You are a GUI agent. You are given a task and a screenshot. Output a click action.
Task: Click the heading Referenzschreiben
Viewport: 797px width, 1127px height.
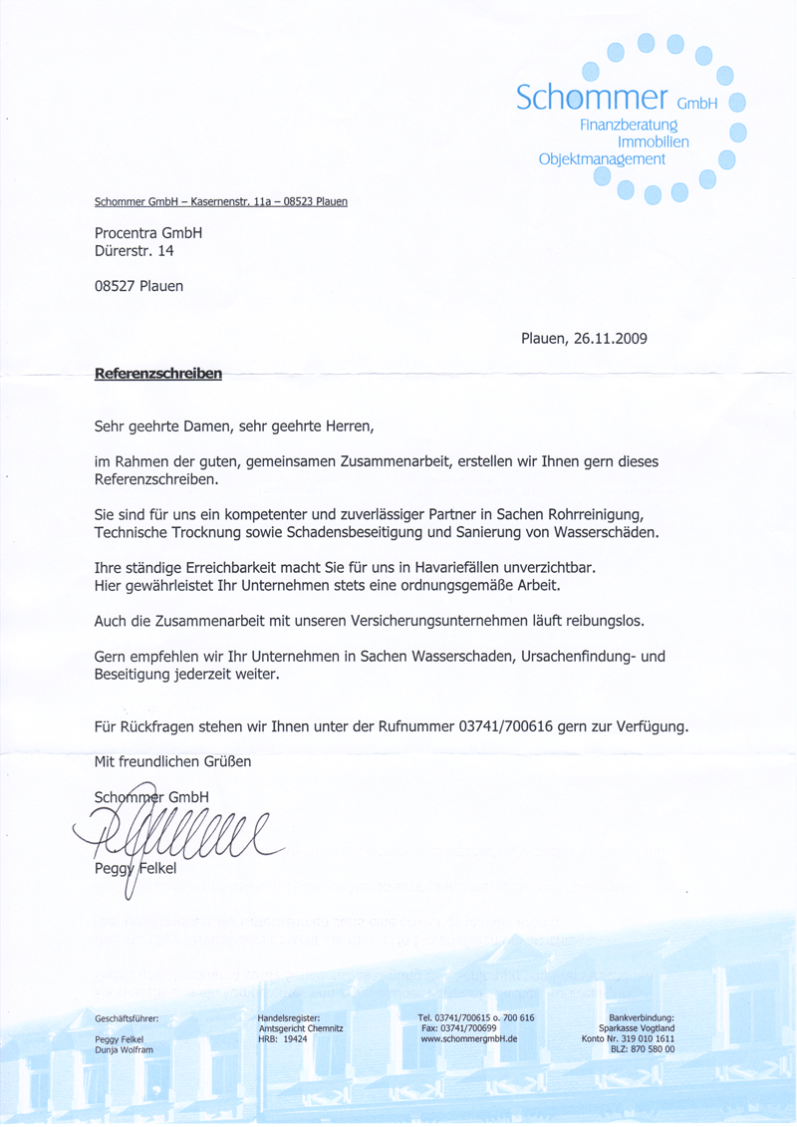[157, 375]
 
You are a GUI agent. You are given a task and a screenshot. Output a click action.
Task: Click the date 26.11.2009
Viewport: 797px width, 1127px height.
[611, 338]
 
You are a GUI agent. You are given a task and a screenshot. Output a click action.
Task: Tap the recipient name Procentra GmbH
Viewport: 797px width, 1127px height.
[147, 232]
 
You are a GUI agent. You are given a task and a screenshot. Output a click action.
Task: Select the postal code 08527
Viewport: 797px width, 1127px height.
[115, 286]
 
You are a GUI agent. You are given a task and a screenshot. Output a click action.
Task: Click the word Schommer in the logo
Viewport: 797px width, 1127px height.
[592, 98]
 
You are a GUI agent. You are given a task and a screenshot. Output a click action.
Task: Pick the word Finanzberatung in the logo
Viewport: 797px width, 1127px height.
[628, 126]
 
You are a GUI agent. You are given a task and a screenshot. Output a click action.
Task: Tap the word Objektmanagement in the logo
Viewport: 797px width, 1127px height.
[602, 159]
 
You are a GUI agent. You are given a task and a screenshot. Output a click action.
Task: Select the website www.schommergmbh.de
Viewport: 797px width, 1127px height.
[469, 1038]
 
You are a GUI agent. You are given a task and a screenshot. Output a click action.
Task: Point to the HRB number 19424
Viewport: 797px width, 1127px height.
[295, 1038]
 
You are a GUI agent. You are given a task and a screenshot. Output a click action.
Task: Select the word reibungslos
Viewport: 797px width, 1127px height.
[601, 621]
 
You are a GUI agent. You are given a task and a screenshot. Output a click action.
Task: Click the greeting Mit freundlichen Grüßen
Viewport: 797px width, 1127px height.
[172, 762]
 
